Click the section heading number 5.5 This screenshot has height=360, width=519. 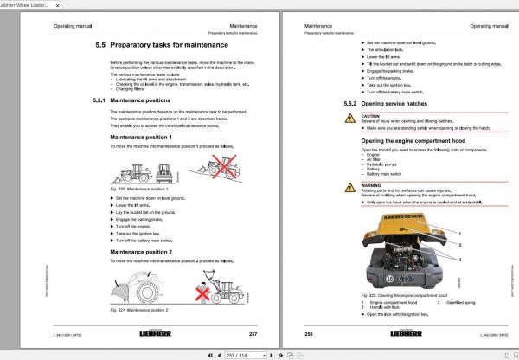pos(101,45)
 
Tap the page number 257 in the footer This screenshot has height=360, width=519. pos(253,332)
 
